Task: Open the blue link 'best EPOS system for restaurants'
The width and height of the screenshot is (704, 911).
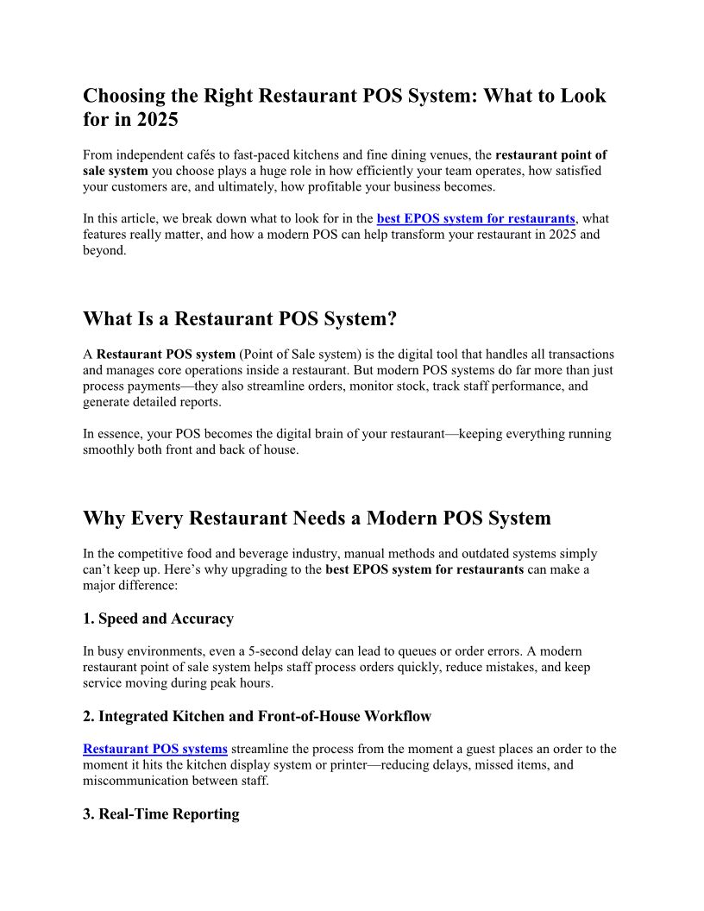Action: tap(475, 219)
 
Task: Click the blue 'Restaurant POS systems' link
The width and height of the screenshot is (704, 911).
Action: tap(155, 749)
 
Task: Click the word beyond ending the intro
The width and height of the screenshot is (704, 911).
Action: tap(104, 250)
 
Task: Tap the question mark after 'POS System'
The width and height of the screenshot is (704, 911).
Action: tap(392, 319)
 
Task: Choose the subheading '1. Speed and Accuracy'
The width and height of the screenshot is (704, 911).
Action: tap(158, 619)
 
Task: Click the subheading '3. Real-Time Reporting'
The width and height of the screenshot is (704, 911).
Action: tap(160, 814)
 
